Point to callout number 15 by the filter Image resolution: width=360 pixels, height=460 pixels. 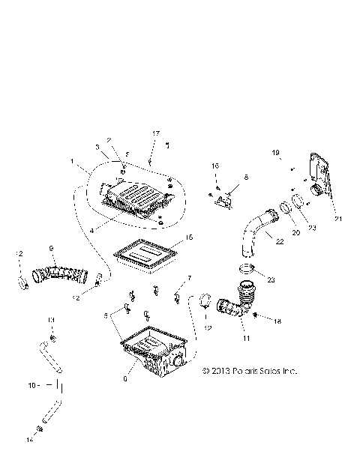coord(189,237)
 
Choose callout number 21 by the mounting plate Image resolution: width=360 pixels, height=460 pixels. coord(337,219)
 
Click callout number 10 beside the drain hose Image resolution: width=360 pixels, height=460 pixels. coord(31,387)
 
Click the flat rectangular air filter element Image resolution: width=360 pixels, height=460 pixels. coord(145,255)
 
